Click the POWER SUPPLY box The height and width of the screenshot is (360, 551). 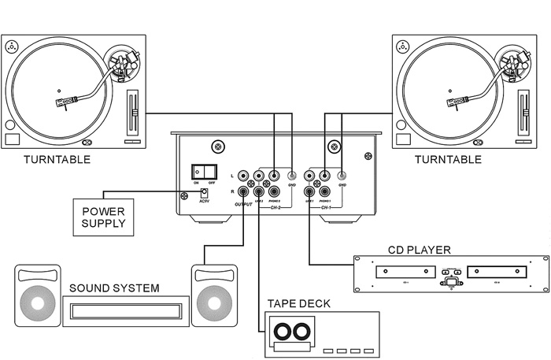[x=103, y=217]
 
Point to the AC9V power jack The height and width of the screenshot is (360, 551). [x=203, y=193]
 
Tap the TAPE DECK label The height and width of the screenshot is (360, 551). [x=298, y=303]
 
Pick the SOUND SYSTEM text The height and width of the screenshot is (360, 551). [x=113, y=288]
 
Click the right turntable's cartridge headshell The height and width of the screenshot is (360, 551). [x=457, y=102]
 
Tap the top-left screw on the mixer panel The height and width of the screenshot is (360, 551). [x=216, y=147]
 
